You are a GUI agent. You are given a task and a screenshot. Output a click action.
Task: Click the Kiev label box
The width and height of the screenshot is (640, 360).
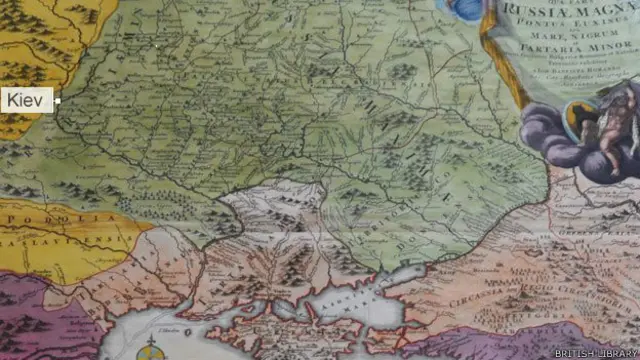point(27,100)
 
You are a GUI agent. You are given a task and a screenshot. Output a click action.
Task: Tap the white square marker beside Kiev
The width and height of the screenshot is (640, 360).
point(58,101)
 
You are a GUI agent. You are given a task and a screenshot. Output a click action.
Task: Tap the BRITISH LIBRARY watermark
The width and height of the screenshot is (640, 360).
point(597,351)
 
